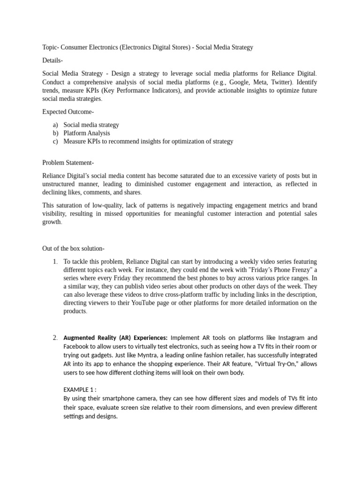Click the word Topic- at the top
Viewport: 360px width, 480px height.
tap(52, 47)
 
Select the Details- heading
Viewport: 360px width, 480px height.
tap(52, 60)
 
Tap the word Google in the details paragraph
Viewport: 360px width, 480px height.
tap(240, 82)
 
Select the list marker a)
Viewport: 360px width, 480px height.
tap(55, 125)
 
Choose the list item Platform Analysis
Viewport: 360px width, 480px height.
tap(87, 133)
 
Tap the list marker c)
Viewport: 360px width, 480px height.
tap(55, 141)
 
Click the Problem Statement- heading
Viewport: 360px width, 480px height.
tap(68, 163)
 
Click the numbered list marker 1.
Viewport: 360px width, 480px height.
tap(55, 261)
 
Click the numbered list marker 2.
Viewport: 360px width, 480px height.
tap(55, 337)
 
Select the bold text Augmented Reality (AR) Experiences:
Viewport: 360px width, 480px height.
tap(115, 337)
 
